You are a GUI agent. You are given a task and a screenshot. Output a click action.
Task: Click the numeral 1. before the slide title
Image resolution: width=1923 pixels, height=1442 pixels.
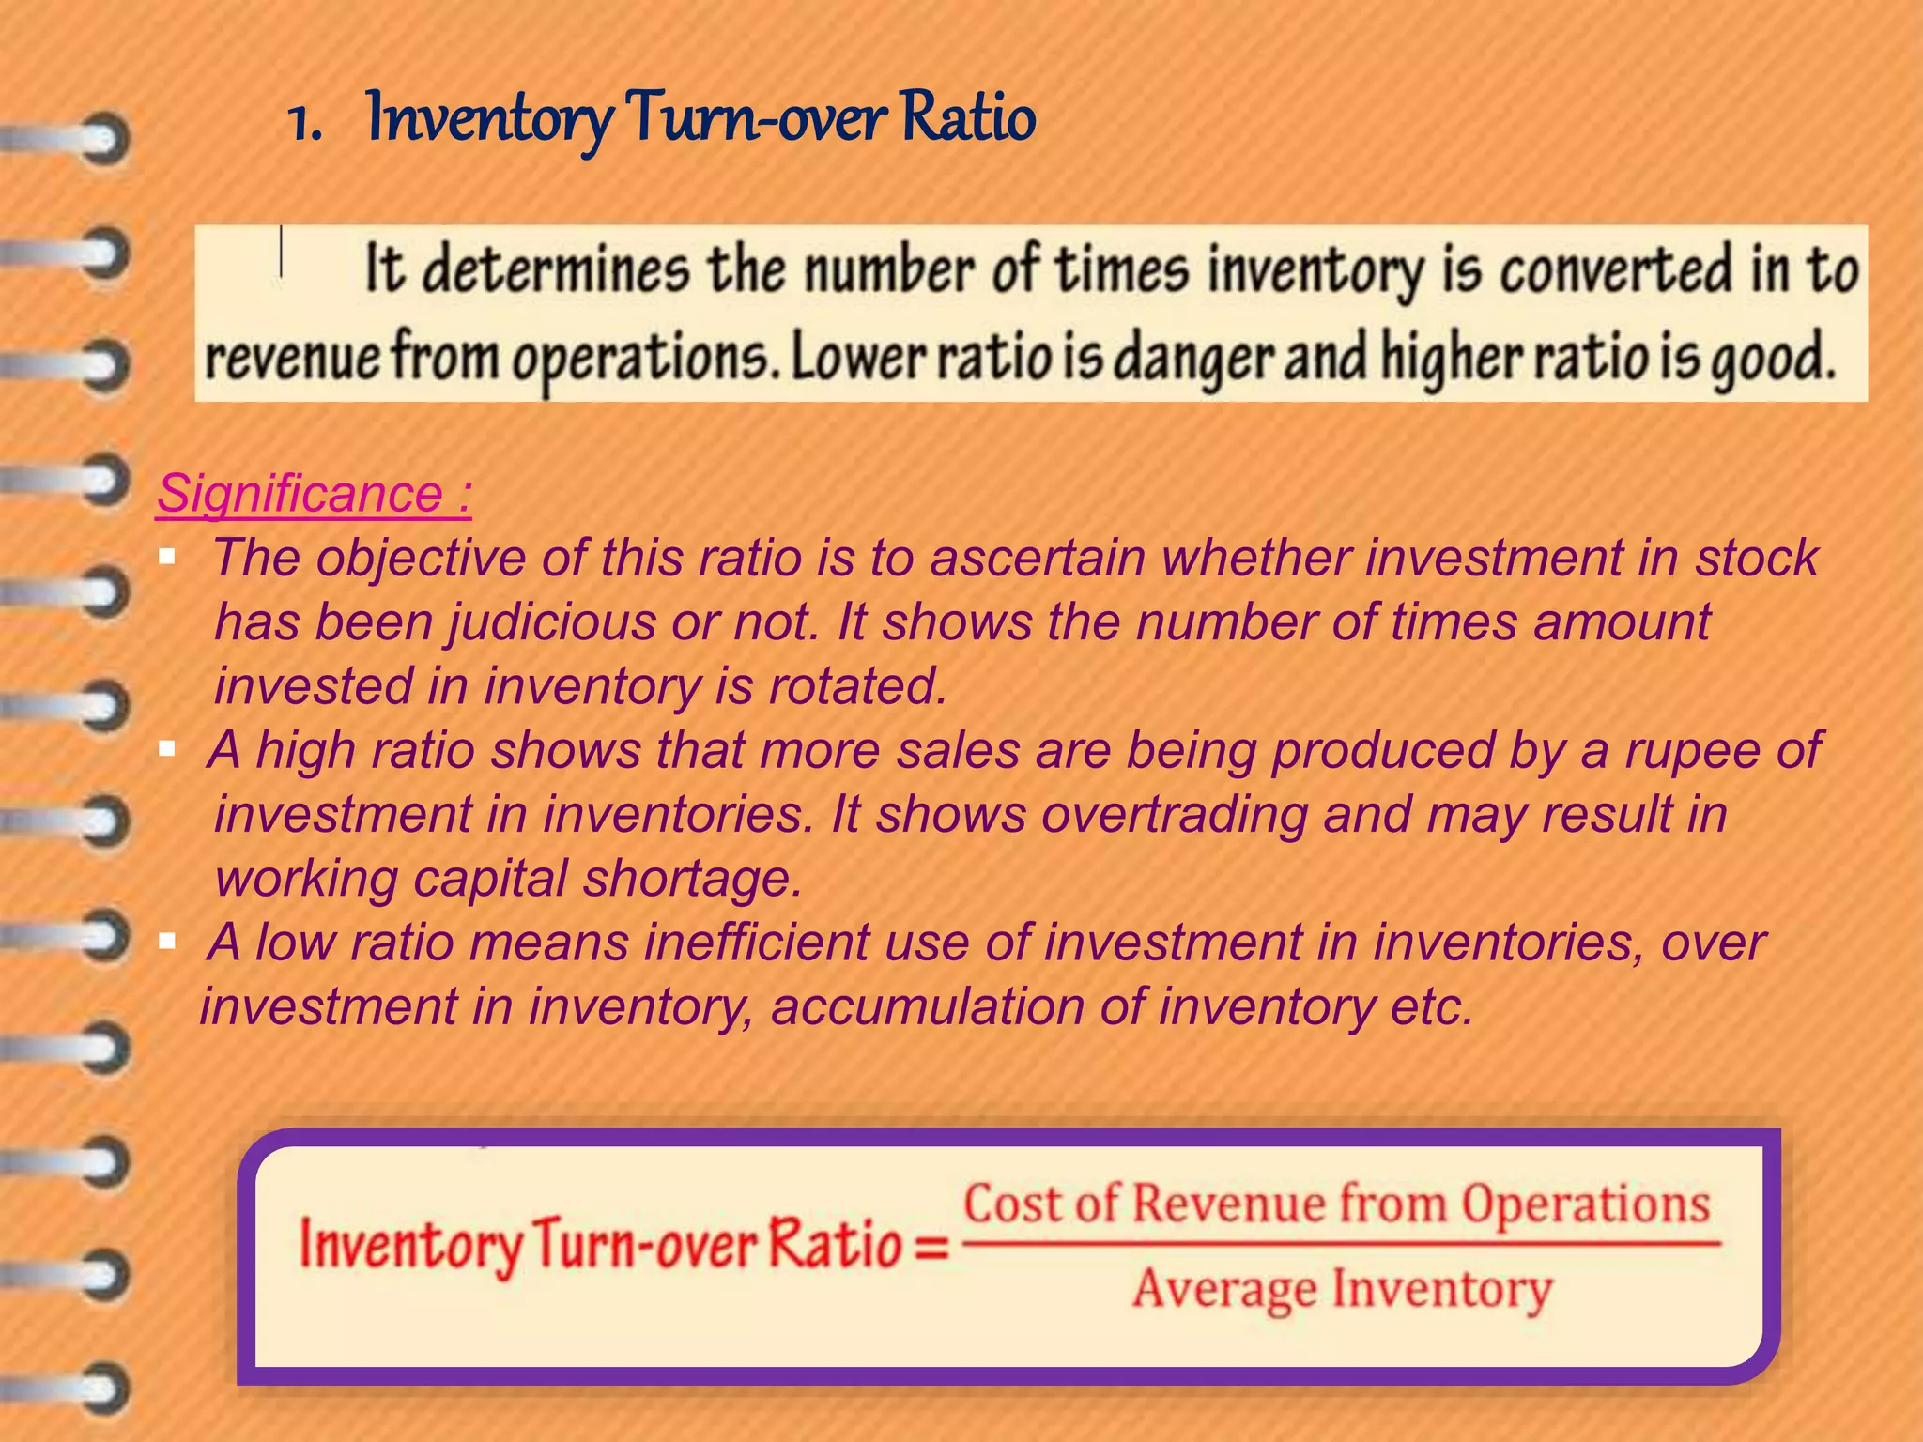[304, 122]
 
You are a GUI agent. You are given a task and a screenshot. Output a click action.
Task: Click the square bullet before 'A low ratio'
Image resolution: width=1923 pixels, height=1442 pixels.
[168, 941]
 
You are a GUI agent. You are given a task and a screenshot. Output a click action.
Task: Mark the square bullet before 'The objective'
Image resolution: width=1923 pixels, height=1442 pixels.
[168, 558]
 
